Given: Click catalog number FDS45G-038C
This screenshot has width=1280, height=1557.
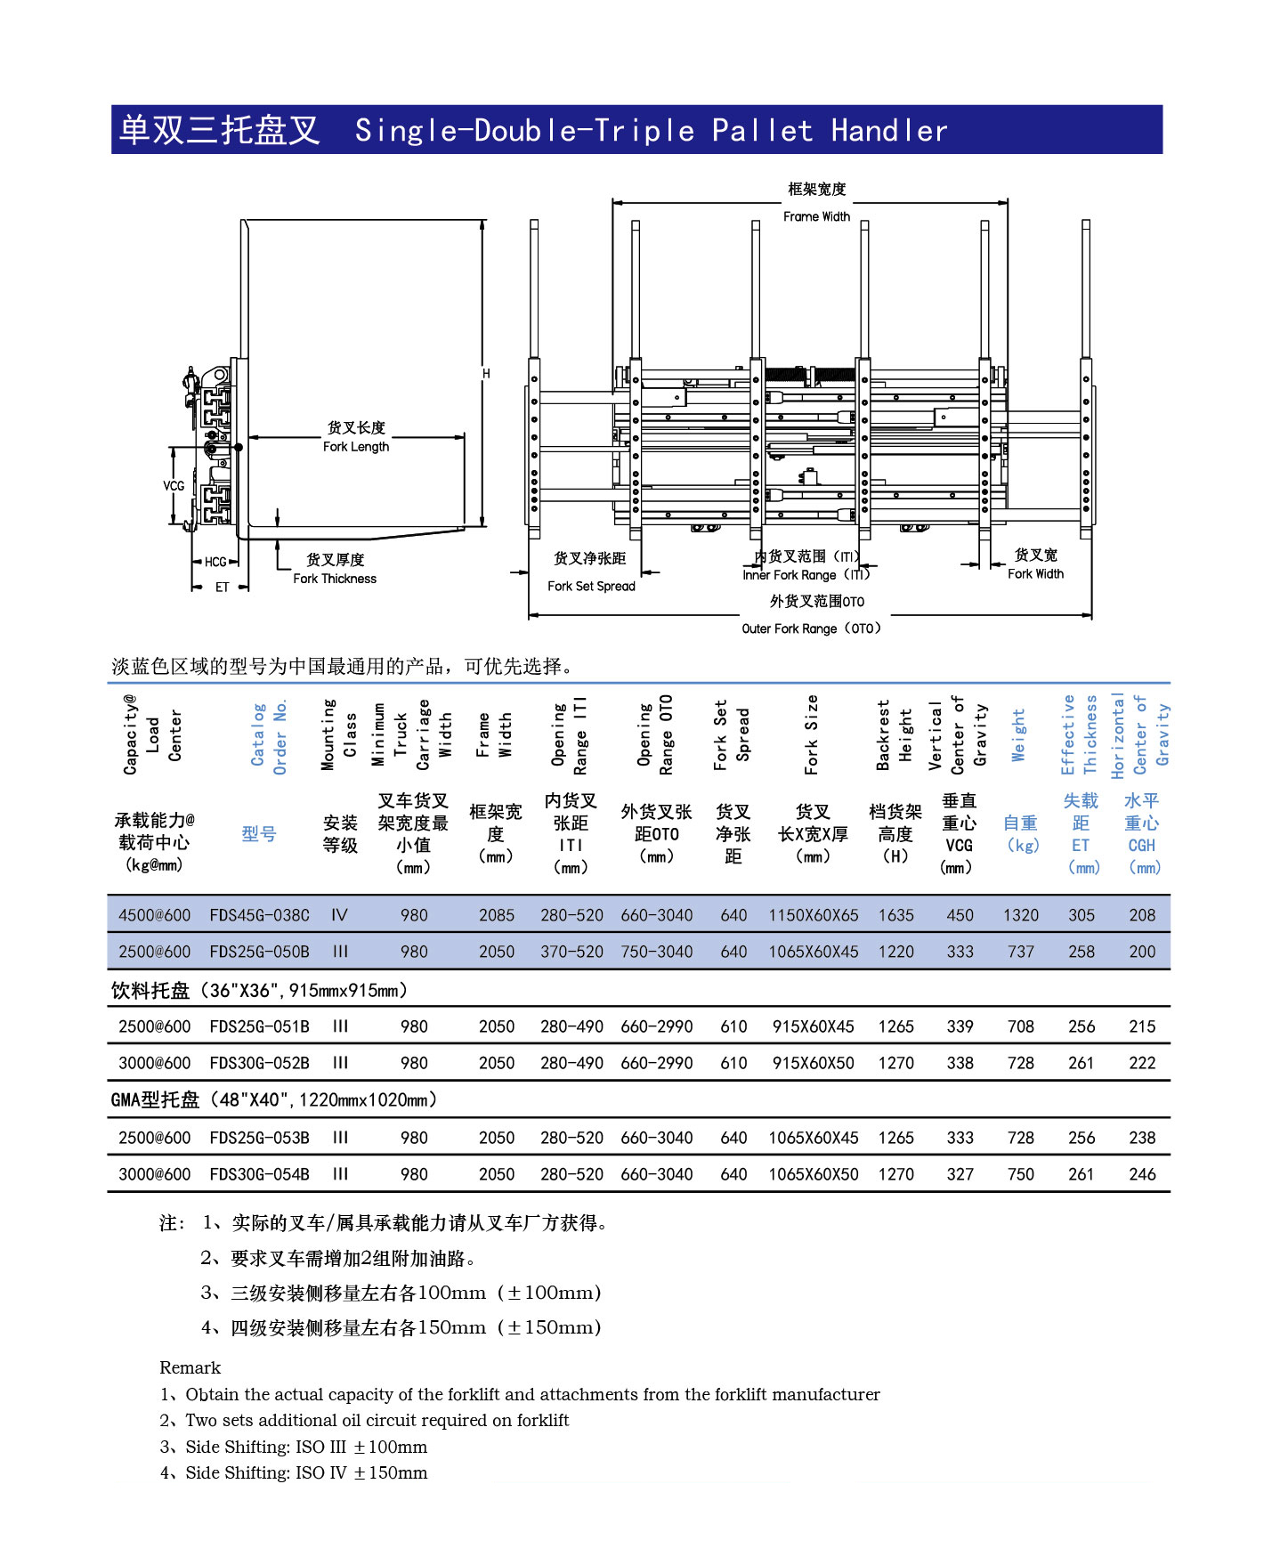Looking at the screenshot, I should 259,915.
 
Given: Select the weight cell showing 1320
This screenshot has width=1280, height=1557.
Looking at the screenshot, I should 1020,915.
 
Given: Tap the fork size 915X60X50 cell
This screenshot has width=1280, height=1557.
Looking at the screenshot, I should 813,1063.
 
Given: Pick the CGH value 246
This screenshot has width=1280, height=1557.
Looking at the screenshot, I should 1141,1174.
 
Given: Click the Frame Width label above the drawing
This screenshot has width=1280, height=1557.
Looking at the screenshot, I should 816,216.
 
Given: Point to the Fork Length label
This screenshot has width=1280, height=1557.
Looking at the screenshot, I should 356,447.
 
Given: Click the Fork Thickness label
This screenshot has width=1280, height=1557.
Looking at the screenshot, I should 335,579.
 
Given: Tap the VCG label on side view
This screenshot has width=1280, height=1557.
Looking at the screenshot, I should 174,486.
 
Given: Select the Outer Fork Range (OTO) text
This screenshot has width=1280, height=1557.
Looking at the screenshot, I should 811,628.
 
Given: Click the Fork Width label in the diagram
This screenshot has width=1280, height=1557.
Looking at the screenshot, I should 1035,574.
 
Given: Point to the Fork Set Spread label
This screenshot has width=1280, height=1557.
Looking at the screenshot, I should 591,586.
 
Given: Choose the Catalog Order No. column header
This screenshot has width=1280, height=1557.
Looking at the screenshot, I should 269,737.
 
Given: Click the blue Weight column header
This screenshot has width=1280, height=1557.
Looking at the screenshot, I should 1019,735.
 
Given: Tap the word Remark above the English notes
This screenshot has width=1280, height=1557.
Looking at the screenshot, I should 190,1367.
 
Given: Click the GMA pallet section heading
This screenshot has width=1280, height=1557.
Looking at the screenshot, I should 274,1100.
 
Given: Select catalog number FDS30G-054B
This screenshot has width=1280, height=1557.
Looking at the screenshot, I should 259,1174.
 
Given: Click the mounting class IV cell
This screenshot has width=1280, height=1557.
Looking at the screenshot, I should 339,915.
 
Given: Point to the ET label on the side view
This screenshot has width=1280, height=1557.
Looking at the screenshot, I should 222,588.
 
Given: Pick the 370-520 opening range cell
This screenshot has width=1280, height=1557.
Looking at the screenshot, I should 571,952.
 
